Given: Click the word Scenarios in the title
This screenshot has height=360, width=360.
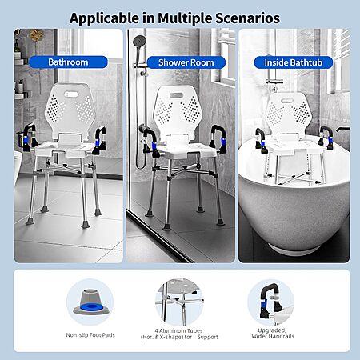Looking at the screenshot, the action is point(247,18).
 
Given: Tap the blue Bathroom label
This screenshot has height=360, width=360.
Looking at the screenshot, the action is point(68,62).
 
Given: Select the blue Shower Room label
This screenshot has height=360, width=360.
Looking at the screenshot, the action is point(186,62).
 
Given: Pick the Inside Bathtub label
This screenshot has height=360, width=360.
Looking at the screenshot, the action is point(294,62).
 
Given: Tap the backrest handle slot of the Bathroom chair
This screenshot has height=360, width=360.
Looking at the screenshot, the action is point(71,94).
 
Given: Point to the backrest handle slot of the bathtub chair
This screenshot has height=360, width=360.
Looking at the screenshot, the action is point(287,101).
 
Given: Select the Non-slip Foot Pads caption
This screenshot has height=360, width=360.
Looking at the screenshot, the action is point(90,335).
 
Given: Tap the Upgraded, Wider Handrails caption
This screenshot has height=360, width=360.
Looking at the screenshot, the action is point(273,334).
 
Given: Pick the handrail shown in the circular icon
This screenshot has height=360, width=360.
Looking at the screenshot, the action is point(270,302).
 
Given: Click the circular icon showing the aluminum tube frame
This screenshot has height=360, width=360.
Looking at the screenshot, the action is point(179,302).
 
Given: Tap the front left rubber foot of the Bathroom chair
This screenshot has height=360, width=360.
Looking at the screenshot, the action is point(30,221).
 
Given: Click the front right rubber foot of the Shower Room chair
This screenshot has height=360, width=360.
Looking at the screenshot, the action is point(220,222).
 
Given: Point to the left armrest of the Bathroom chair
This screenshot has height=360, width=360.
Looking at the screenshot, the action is point(28,137).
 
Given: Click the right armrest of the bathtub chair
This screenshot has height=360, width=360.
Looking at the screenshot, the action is point(326,138).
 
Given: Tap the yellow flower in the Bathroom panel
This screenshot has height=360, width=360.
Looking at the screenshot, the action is point(37,34).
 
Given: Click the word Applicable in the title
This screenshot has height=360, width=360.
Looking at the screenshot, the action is point(104,18).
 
